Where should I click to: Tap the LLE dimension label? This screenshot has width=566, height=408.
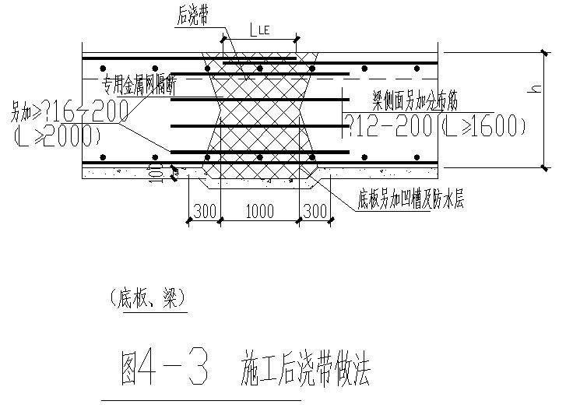(260, 30)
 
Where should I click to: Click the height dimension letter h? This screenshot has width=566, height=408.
(533, 90)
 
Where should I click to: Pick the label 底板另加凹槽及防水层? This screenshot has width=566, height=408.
(411, 201)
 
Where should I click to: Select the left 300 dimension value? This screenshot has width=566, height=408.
(203, 211)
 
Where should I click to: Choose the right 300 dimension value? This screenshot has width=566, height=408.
(314, 211)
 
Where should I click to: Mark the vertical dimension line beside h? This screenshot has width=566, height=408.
(543, 109)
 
